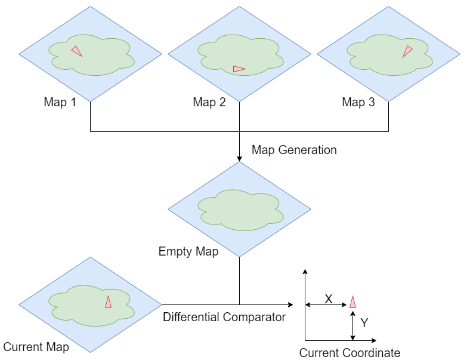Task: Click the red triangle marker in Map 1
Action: click(77, 51)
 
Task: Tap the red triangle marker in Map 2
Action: click(239, 69)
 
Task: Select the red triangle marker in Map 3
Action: click(407, 51)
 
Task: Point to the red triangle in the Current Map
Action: click(108, 301)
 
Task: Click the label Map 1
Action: click(60, 102)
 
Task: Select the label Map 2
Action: click(209, 102)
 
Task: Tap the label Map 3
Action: click(358, 102)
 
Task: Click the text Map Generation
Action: click(294, 150)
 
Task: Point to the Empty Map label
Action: click(188, 251)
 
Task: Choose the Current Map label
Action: click(36, 347)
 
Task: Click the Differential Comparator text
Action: click(224, 317)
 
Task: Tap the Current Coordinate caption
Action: click(350, 353)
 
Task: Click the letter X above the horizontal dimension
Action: click(328, 299)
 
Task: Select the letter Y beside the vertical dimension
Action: click(364, 323)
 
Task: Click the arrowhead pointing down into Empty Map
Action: click(239, 158)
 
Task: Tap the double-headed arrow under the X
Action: click(326, 305)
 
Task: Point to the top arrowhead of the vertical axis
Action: click(305, 272)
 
